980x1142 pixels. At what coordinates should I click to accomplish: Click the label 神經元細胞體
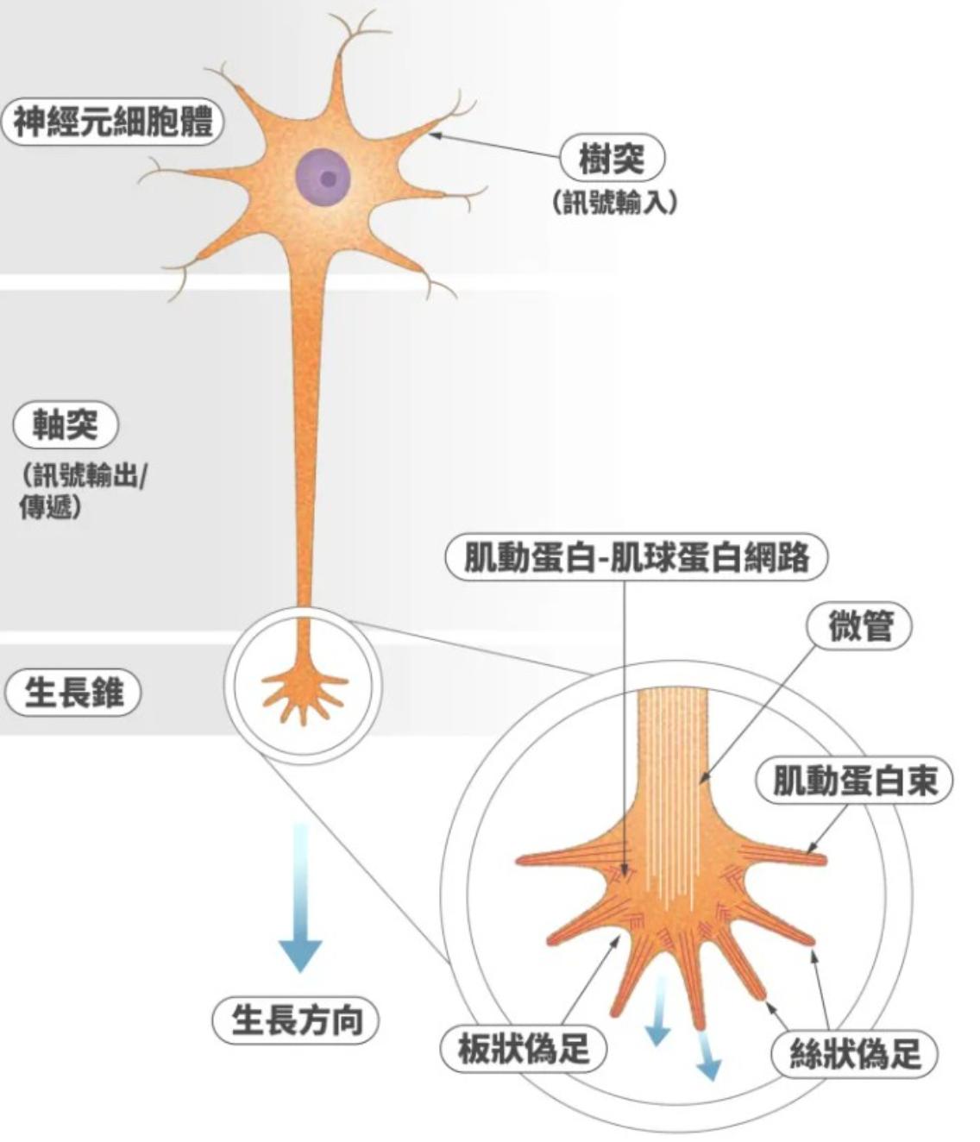[112, 122]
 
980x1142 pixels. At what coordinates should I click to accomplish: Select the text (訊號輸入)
[613, 202]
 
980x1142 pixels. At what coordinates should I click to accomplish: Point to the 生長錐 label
[73, 693]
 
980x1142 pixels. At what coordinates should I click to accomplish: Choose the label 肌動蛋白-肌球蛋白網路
[636, 557]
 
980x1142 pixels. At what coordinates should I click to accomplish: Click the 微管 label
[858, 626]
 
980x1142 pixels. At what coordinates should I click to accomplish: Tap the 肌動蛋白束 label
[853, 781]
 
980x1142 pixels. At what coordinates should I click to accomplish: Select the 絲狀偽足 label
[854, 1053]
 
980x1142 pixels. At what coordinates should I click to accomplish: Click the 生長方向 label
[296, 1020]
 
